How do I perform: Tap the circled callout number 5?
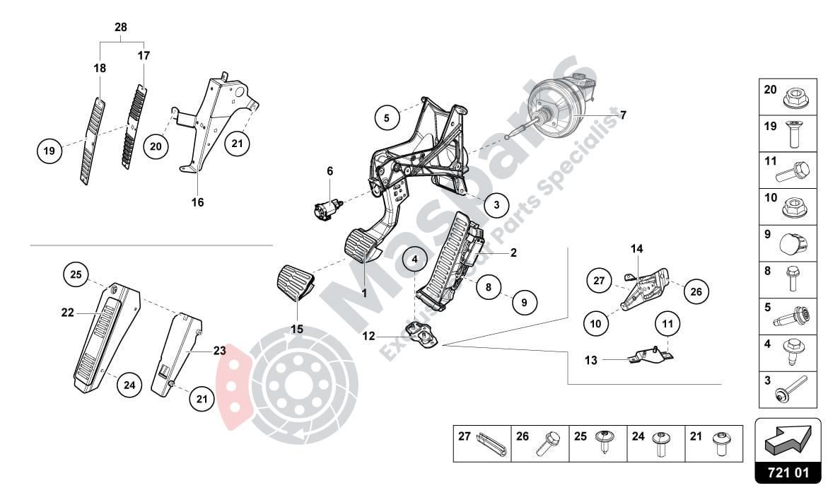387,117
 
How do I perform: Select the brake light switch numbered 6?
326,207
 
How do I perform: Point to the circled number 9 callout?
524,303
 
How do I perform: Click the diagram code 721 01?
788,472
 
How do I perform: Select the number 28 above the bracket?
121,27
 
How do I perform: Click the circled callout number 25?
76,274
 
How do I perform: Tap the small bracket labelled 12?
421,334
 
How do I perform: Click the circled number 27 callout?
600,280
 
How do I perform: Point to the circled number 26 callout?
696,291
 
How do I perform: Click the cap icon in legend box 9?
795,244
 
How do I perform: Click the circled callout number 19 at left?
49,151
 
